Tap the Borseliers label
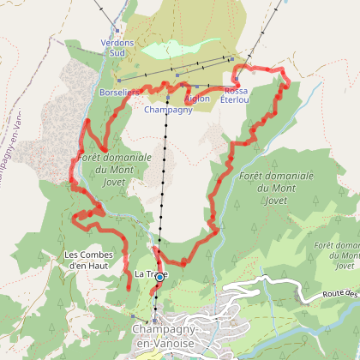[x=119, y=90]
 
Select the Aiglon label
[x=196, y=99]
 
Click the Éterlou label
[x=235, y=99]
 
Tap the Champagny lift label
[x=168, y=111]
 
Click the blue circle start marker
[x=159, y=277]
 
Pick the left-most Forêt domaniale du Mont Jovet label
[x=113, y=169]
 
